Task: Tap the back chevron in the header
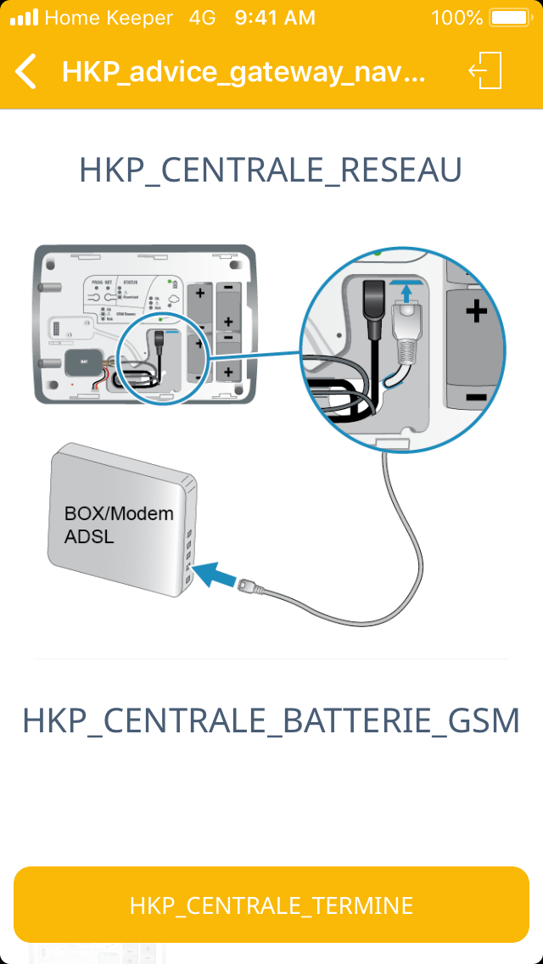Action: (x=26, y=71)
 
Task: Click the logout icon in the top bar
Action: (x=486, y=71)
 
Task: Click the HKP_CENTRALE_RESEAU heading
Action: (x=271, y=171)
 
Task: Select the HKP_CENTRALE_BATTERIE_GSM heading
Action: (x=271, y=720)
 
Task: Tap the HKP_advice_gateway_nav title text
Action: (x=243, y=71)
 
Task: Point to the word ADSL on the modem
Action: (x=89, y=536)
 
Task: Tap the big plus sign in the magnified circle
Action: (x=477, y=311)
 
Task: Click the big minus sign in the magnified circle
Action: (x=476, y=396)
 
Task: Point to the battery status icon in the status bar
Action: (x=509, y=17)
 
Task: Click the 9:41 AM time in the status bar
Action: (x=275, y=17)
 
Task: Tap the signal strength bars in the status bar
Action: (x=24, y=17)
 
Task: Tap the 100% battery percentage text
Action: (x=456, y=17)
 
